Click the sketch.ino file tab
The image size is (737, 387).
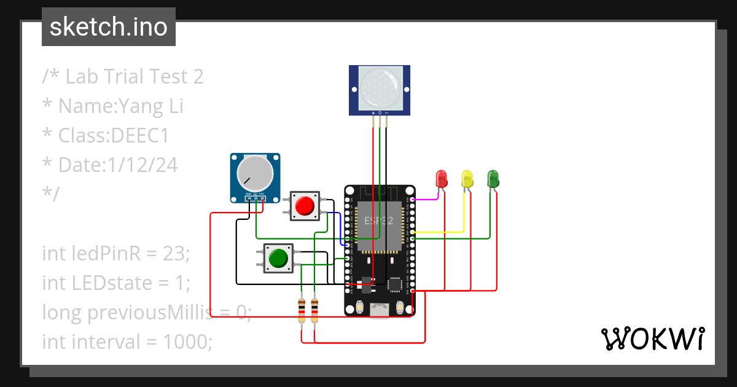[109, 27]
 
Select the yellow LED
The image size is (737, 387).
[467, 179]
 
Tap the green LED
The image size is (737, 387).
[493, 178]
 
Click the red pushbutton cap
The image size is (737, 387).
[305, 206]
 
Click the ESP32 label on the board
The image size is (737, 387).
[379, 221]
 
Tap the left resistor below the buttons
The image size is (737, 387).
[301, 310]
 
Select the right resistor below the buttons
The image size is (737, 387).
[315, 310]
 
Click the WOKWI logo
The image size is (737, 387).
[652, 338]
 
